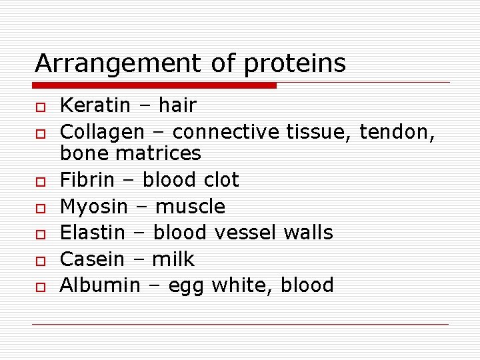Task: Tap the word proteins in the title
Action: click(295, 64)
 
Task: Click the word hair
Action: click(177, 105)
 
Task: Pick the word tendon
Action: click(397, 133)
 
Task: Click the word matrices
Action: click(162, 153)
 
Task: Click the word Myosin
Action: click(93, 207)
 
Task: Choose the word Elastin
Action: click(93, 233)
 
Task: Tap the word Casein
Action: click(91, 259)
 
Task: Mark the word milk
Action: click(173, 259)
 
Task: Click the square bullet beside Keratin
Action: click(40, 107)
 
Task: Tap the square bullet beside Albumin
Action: click(40, 287)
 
